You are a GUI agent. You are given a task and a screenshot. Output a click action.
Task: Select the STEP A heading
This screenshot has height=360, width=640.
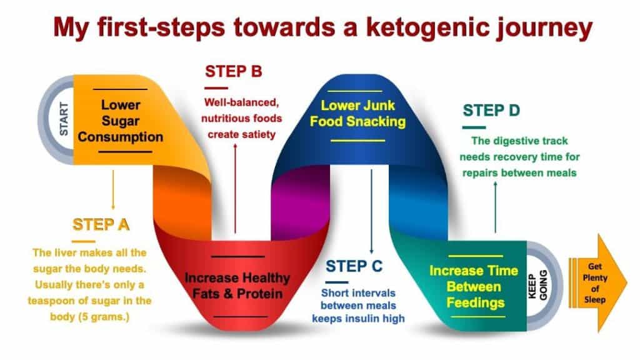[x=101, y=224]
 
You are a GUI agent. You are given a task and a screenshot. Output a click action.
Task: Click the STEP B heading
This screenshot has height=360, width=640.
[x=234, y=71]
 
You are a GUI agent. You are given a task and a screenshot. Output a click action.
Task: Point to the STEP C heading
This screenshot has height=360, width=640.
[x=354, y=266]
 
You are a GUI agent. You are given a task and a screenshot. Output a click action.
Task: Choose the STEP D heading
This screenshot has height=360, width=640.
[x=491, y=111]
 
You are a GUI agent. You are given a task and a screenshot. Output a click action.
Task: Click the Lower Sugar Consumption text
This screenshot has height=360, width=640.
[x=121, y=121]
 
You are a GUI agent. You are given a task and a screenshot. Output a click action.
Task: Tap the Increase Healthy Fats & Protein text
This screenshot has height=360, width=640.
[x=237, y=286]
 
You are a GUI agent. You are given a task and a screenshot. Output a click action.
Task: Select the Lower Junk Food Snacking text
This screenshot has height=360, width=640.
[x=357, y=114]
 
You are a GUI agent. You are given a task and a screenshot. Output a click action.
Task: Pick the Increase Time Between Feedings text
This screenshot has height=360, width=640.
[x=474, y=286]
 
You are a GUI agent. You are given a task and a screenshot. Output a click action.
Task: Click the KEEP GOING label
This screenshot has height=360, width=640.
[x=537, y=285]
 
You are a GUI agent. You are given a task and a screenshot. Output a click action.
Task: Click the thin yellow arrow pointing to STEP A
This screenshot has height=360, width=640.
[x=113, y=190]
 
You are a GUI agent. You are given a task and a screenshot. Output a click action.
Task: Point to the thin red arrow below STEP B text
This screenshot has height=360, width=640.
[x=235, y=187]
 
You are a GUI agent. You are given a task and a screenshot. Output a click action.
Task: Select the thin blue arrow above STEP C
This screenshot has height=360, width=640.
[x=371, y=211]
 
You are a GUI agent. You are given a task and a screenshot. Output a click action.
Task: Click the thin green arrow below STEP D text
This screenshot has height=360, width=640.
[x=496, y=207]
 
